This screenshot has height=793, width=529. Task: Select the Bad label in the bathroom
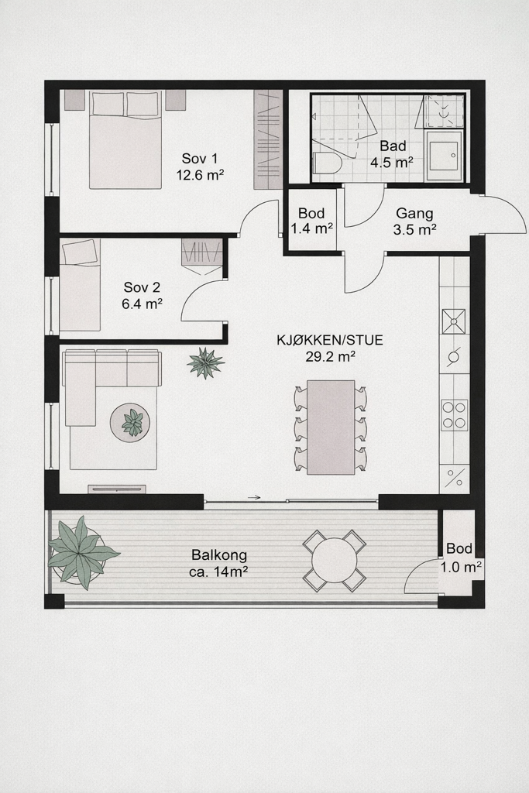(x=393, y=146)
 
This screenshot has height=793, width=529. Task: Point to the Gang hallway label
(x=414, y=213)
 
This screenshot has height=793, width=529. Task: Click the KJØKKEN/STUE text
(x=330, y=340)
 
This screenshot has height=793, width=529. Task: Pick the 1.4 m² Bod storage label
(x=311, y=228)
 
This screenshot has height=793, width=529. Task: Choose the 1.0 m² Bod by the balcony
(x=461, y=567)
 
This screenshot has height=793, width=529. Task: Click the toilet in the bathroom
(x=326, y=162)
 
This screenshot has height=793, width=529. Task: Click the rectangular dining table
(x=331, y=427)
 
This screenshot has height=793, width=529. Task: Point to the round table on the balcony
(x=334, y=560)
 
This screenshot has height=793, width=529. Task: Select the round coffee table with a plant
(x=132, y=423)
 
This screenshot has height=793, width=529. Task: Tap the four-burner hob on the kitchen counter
(x=454, y=415)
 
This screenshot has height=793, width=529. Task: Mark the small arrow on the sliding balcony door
(x=253, y=498)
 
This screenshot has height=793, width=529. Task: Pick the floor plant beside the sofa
(x=205, y=362)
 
